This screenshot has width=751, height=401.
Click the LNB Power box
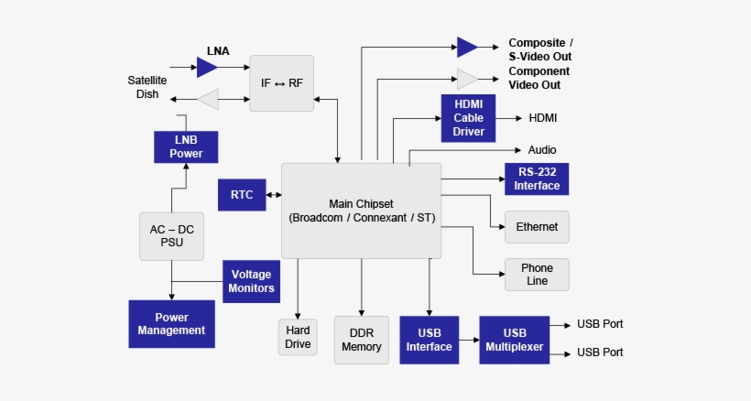186,146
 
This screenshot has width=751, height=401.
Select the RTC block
242,194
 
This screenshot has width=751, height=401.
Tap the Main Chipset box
361,211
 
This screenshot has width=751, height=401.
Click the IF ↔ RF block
282,83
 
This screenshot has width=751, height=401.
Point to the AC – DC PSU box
171,236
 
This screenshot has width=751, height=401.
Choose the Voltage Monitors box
252,281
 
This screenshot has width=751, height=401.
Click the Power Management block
171,323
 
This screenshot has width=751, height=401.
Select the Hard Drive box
298,337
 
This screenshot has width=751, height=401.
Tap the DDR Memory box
361,340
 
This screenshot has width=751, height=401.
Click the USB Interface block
429,340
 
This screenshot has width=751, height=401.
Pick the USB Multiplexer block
514,340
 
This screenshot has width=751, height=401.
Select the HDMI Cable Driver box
468,118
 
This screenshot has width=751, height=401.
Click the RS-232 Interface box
537,179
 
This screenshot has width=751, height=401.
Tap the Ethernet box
537,226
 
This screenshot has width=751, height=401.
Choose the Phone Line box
537,275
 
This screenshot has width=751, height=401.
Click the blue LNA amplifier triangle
207,67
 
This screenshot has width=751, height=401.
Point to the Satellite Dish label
147,87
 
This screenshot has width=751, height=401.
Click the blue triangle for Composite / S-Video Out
467,47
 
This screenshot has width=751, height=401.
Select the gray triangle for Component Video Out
467,78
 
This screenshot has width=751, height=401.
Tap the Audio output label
542,150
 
